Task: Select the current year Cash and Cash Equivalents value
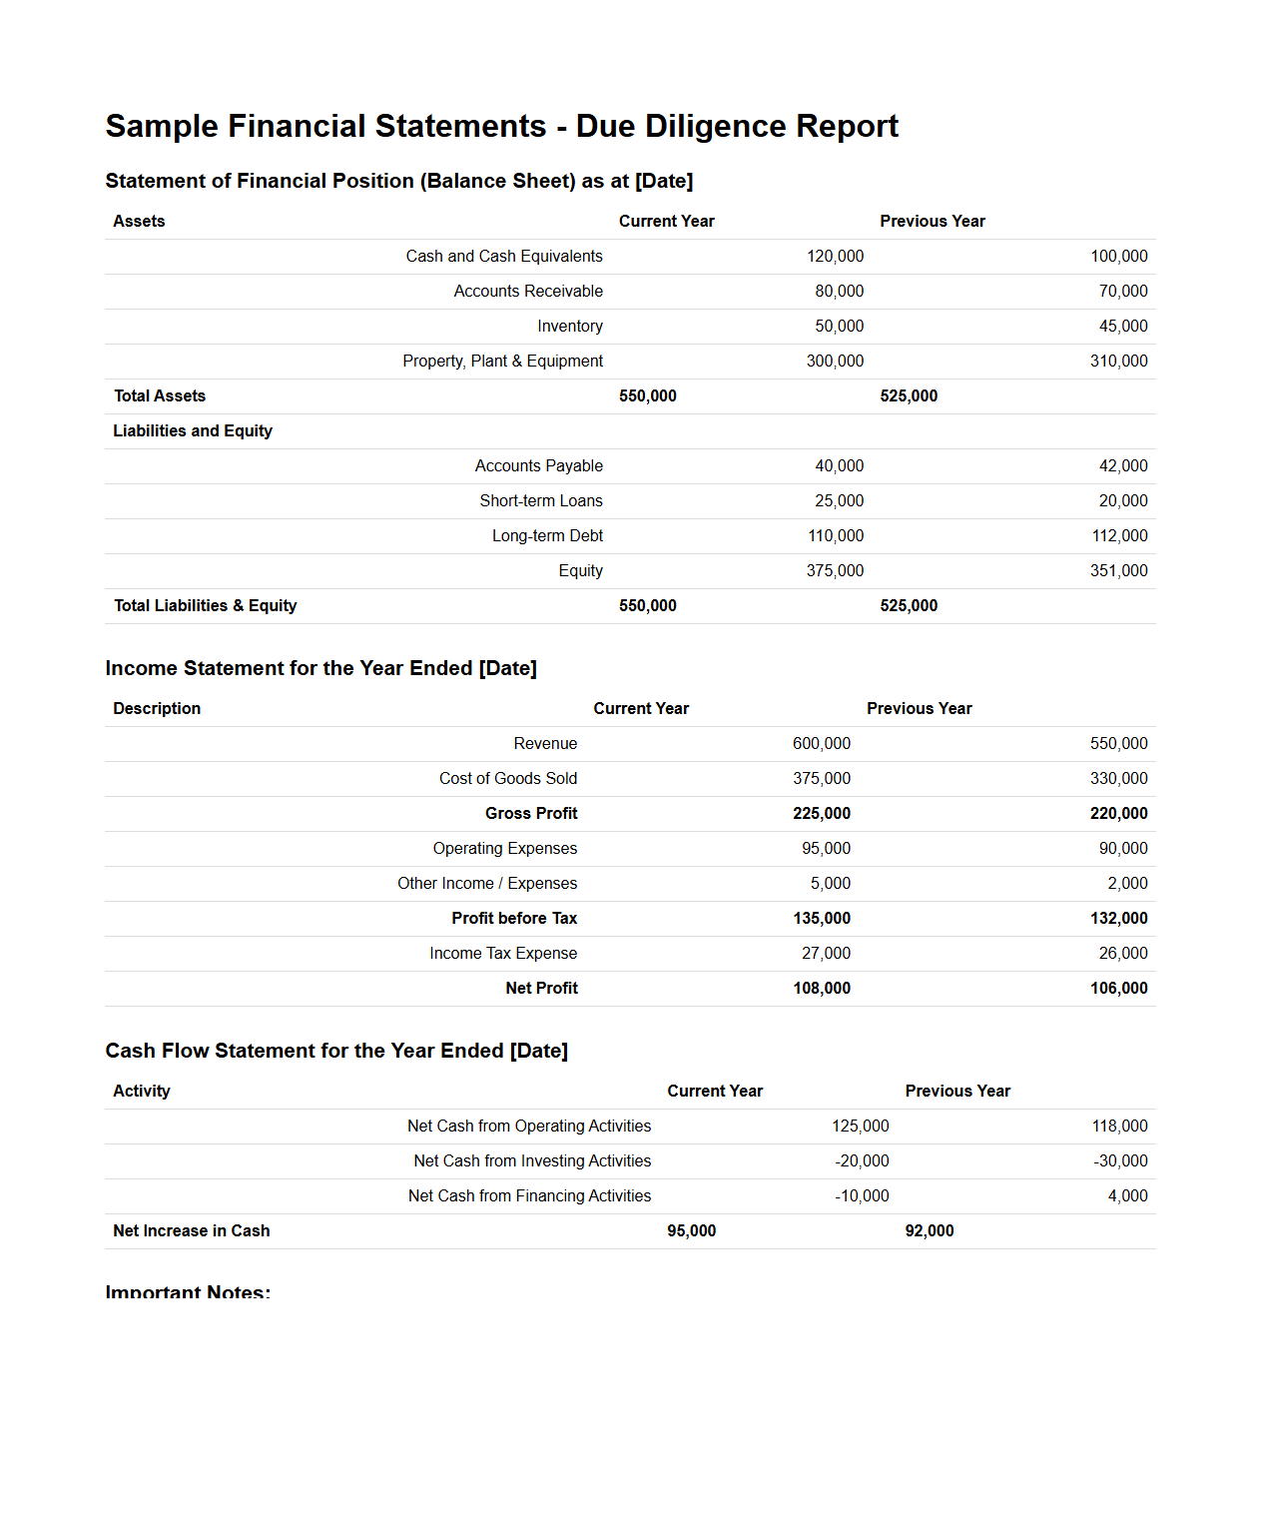click(835, 257)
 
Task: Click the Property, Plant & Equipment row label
click(502, 362)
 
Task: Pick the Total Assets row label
click(160, 396)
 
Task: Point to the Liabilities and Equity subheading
click(193, 431)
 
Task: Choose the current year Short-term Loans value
click(839, 501)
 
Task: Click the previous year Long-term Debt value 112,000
click(1119, 536)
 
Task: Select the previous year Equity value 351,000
click(1118, 571)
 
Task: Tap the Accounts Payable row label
click(538, 466)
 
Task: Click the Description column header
click(157, 709)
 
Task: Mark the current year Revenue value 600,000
click(821, 744)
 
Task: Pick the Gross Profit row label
click(531, 814)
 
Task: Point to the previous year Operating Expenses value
click(1122, 849)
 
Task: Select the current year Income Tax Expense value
click(826, 954)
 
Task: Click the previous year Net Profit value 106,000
click(1118, 989)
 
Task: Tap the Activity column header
click(142, 1092)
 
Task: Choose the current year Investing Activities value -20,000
click(862, 1161)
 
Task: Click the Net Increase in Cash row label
click(192, 1231)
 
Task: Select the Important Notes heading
click(188, 1291)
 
